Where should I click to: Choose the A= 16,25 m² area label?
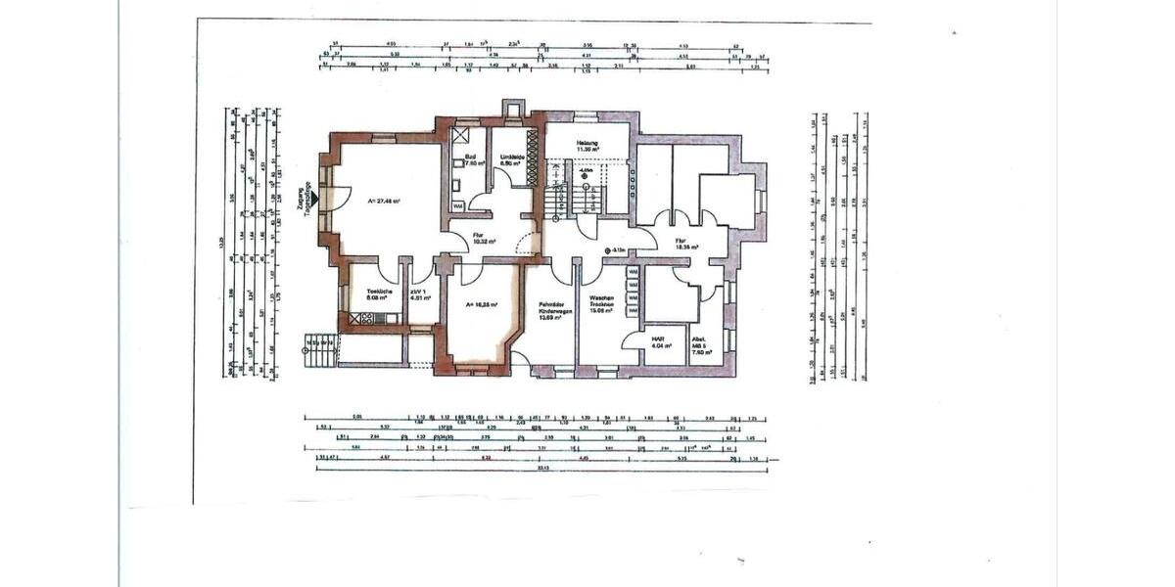[485, 305]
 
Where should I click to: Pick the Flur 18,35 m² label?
[684, 246]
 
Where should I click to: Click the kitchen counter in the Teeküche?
[372, 318]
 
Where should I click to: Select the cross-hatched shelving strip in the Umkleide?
[533, 156]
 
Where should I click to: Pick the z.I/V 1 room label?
[423, 295]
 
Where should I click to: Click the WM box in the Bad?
[457, 206]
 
